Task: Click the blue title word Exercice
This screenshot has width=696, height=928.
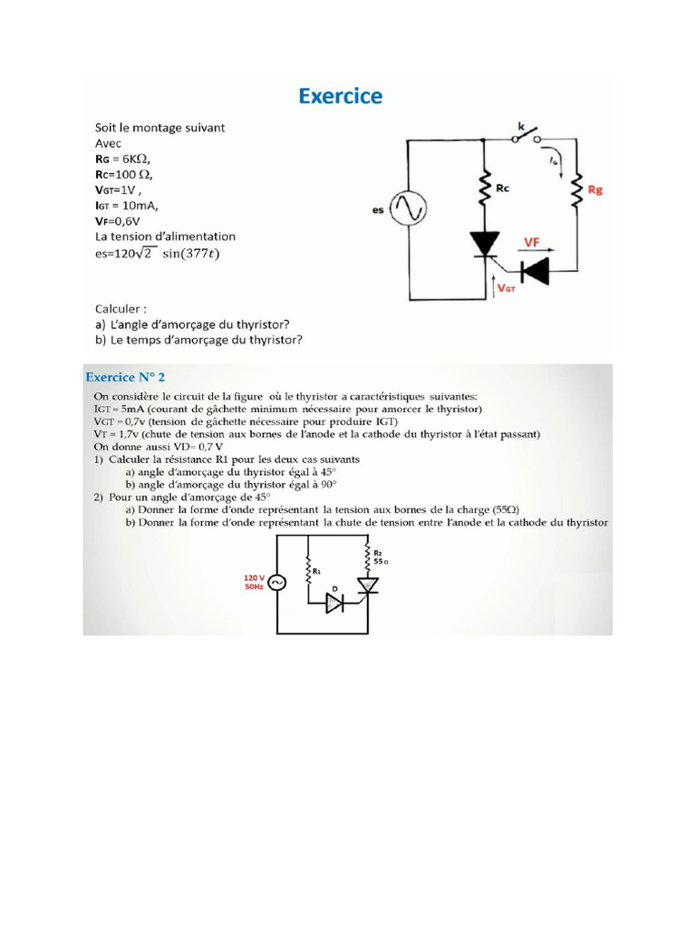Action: (x=340, y=96)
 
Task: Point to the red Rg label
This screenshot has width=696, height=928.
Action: (x=595, y=190)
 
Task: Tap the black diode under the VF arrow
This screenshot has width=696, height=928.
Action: (x=534, y=268)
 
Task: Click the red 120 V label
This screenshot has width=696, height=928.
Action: (x=254, y=576)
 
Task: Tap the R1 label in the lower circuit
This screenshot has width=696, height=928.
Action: (x=317, y=572)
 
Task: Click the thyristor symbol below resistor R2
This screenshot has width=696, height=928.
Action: (x=367, y=587)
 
